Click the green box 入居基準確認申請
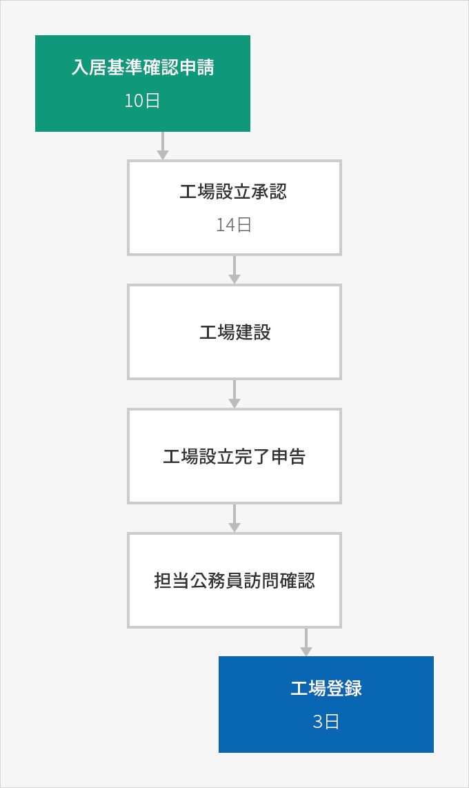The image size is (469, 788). click(x=143, y=83)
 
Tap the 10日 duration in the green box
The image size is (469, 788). click(x=142, y=101)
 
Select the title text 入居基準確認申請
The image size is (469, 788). click(x=143, y=68)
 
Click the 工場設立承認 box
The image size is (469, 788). click(x=234, y=208)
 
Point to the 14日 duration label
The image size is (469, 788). click(x=234, y=225)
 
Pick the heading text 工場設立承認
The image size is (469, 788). click(x=234, y=191)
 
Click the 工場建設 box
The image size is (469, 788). click(x=234, y=332)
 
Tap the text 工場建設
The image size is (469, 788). click(x=235, y=332)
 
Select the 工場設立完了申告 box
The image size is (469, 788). click(x=234, y=456)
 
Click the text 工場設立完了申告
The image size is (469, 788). click(x=234, y=456)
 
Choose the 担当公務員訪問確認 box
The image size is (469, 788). click(x=234, y=580)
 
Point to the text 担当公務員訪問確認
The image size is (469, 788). click(x=234, y=580)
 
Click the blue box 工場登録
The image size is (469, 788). click(x=326, y=704)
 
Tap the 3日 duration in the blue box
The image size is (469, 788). click(x=326, y=722)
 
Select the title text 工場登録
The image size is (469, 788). click(x=326, y=688)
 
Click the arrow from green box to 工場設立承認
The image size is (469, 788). click(x=162, y=146)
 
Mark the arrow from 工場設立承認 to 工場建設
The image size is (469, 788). click(x=234, y=270)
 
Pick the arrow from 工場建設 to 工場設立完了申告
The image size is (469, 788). click(x=234, y=394)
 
